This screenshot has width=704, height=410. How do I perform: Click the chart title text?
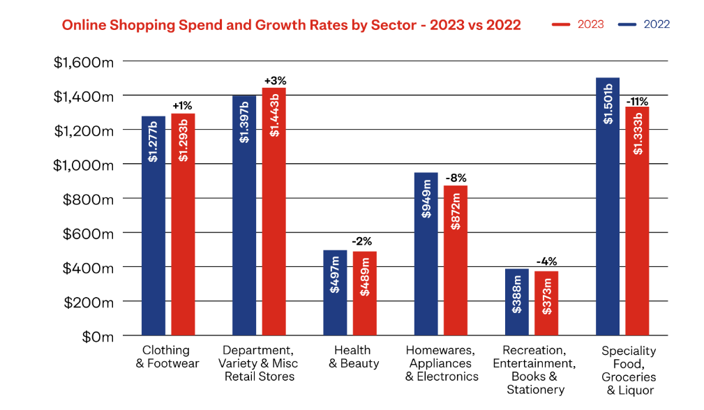pos(291,25)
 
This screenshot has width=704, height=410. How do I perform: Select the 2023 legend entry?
pos(579,24)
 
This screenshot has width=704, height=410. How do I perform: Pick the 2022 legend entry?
pos(644,24)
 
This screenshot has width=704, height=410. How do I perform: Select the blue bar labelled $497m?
pos(335,292)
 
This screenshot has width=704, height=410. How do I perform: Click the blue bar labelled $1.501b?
pos(608,206)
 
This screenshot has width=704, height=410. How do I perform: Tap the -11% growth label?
pos(637,102)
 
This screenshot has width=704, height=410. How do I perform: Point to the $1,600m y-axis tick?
pos(84,62)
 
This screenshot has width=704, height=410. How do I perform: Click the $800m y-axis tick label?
pos(89,199)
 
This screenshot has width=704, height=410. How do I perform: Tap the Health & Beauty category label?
pos(354,356)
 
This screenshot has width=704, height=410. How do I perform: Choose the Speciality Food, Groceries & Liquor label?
pos(628,370)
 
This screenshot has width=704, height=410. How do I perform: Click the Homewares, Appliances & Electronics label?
pos(442,363)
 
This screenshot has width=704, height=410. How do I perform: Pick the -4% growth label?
pos(546,262)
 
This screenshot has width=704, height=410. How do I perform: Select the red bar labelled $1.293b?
pos(183,224)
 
